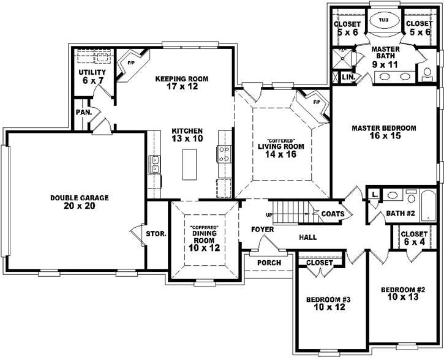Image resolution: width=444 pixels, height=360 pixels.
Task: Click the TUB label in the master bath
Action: coord(383,20)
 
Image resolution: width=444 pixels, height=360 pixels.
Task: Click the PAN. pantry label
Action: coord(84,113)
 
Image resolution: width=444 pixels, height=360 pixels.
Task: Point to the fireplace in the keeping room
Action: coord(130,63)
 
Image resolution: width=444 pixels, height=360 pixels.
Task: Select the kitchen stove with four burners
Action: coord(224,153)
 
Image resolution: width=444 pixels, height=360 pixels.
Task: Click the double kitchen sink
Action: coord(156,164)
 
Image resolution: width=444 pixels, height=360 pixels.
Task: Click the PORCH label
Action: coord(269,263)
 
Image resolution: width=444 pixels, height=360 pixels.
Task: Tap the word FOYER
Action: coord(262,230)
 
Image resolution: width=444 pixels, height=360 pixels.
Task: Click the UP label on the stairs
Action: coord(269,215)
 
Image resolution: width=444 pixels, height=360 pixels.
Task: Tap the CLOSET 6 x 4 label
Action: coord(414,238)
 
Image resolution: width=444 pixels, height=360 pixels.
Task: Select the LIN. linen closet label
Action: coord(348,77)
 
